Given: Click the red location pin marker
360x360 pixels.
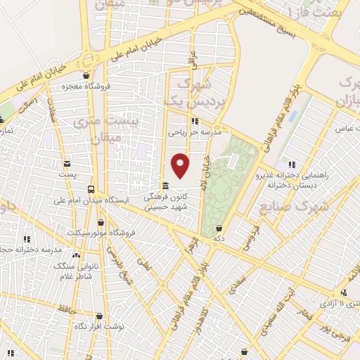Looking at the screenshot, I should click(x=181, y=165).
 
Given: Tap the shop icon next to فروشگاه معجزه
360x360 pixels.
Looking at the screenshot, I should click(x=86, y=76).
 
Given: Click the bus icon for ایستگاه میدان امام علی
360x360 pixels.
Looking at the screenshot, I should click(x=91, y=189).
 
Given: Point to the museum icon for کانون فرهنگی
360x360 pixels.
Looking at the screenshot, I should click(x=165, y=186).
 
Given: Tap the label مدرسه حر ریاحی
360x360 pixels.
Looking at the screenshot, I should click(x=195, y=131).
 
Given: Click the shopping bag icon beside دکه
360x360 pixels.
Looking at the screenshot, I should click(x=219, y=228).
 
